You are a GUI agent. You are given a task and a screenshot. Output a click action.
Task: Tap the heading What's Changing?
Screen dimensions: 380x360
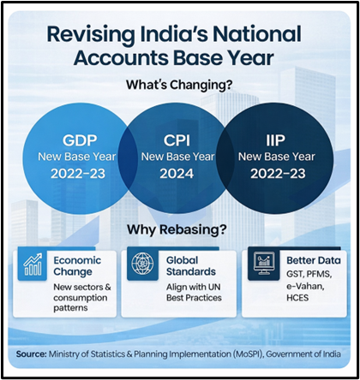pos(179,87)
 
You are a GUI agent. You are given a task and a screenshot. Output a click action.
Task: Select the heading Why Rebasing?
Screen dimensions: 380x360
pos(178,231)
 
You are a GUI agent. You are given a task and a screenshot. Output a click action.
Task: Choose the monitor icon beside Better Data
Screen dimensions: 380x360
pos(261,266)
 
